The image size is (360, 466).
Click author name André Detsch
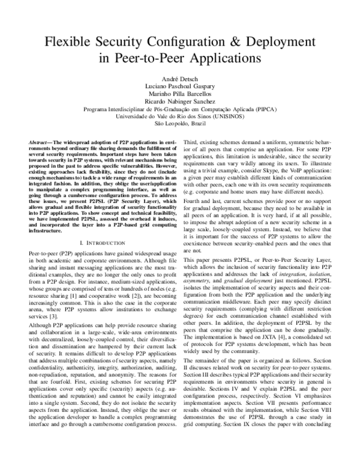(179, 79)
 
